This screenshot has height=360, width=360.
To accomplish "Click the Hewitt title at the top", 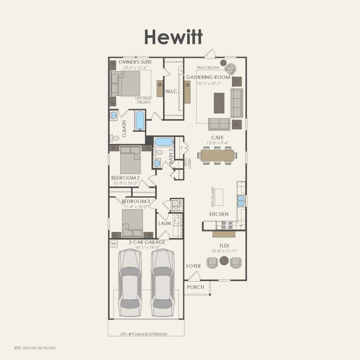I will (173, 38).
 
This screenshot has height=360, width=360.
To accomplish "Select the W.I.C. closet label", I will (172, 91).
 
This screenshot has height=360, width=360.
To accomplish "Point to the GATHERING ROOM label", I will (208, 77).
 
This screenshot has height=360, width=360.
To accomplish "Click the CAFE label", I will (217, 138).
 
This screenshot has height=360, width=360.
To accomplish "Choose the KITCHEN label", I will (219, 214).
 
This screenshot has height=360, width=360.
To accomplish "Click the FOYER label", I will (194, 266).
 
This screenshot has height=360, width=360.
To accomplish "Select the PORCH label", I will (195, 287).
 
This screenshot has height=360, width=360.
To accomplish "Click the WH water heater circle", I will (114, 244).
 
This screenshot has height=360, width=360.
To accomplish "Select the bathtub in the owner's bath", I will (140, 121).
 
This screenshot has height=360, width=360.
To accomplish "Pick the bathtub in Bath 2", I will (163, 141).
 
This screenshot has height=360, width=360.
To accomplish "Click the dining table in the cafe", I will (217, 154).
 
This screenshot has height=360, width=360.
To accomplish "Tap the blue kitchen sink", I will (241, 200).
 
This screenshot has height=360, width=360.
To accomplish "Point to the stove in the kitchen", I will (227, 225).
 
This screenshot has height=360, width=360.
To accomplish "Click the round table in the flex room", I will (224, 261).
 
